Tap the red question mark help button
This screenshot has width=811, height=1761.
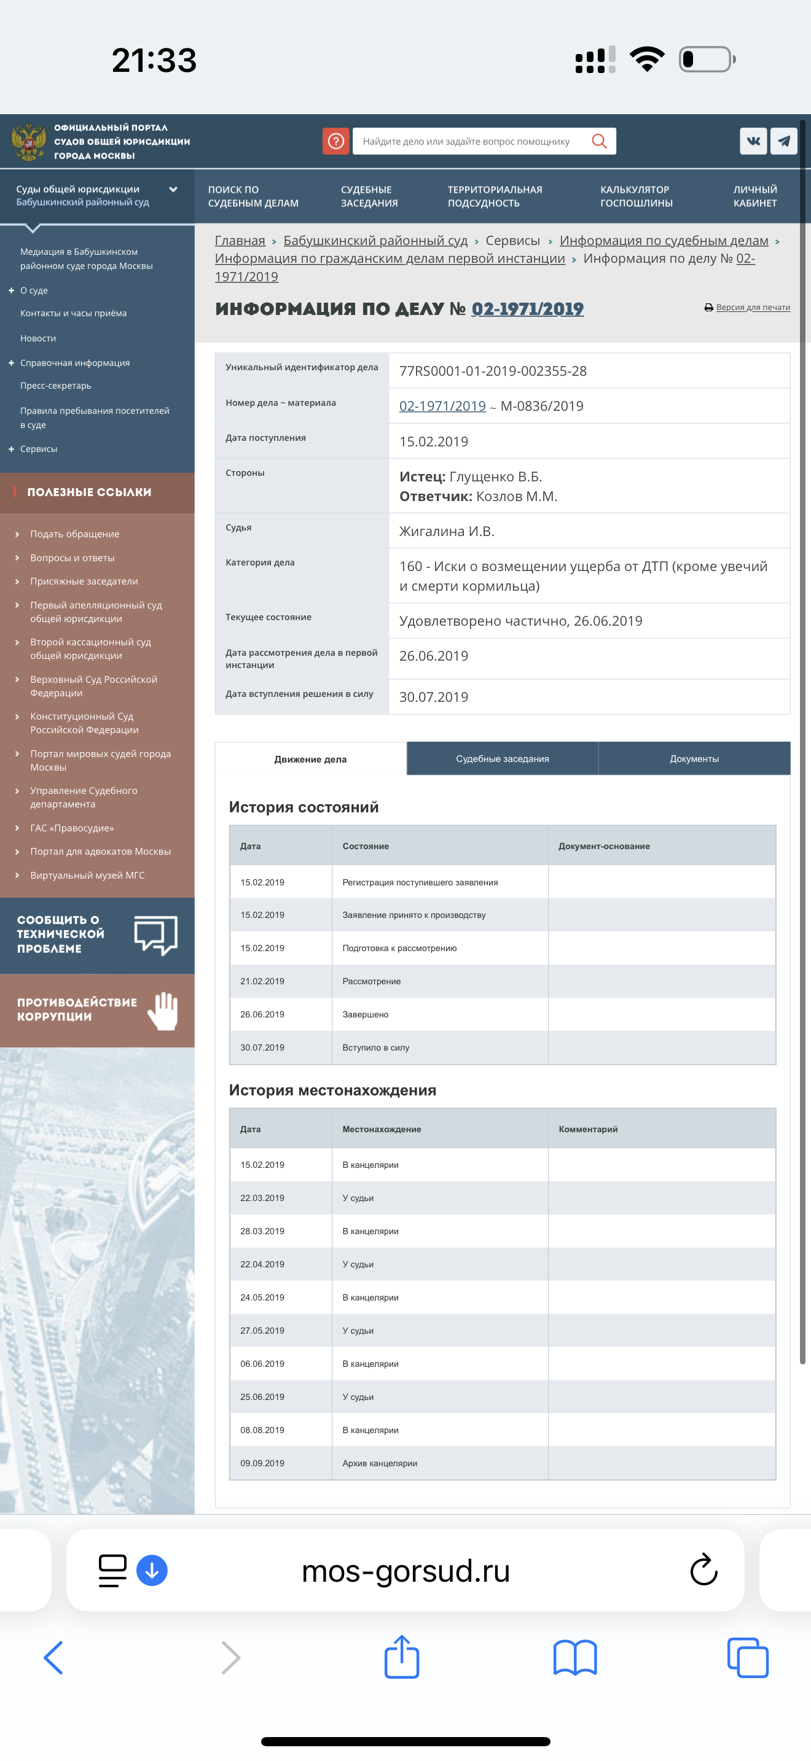pyautogui.click(x=335, y=141)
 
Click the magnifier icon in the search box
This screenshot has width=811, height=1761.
pyautogui.click(x=599, y=141)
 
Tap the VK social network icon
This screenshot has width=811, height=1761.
pyautogui.click(x=753, y=141)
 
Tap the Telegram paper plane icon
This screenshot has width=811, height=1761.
pyautogui.click(x=783, y=141)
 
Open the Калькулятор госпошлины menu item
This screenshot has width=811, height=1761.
pyautogui.click(x=636, y=196)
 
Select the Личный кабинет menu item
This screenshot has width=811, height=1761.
pyautogui.click(x=755, y=196)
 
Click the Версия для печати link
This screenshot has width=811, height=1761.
pyautogui.click(x=752, y=308)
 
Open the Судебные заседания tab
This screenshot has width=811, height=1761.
pyautogui.click(x=503, y=759)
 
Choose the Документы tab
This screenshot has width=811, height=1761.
pyautogui.click(x=694, y=759)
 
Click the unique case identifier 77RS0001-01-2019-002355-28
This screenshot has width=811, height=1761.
pyautogui.click(x=492, y=371)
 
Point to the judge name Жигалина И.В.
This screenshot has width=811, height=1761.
pyautogui.click(x=447, y=531)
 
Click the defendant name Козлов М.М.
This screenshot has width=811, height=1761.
pyautogui.click(x=516, y=496)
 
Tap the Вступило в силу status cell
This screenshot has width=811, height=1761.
pyautogui.click(x=376, y=1048)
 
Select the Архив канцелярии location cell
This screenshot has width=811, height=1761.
pyautogui.click(x=380, y=1463)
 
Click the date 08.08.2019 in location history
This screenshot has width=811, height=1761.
pyautogui.click(x=262, y=1430)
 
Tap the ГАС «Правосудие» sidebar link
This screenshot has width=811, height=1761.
pyautogui.click(x=72, y=828)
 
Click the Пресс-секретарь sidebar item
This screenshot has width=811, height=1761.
pyautogui.click(x=55, y=386)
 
